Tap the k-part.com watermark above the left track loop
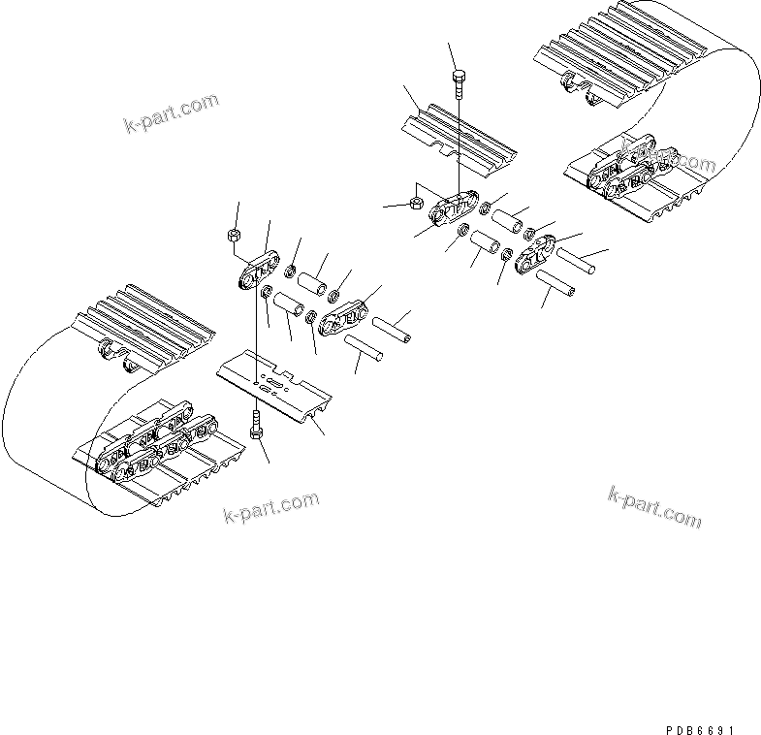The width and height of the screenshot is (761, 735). coord(171,113)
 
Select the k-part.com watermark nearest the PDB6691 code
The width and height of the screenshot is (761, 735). coord(653,507)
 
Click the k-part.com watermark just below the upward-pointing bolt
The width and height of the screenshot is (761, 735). coord(270,506)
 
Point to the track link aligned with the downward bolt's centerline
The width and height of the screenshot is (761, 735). coord(457,209)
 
